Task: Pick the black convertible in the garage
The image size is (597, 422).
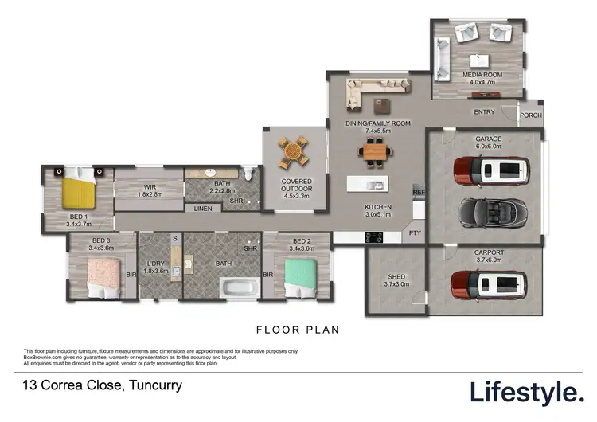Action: pos(490,211)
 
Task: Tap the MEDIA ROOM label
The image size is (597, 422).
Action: pos(478,76)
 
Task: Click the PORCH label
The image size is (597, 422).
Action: pos(530,115)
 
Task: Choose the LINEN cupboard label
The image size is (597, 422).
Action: pos(203,209)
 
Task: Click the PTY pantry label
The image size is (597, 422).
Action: pos(414,233)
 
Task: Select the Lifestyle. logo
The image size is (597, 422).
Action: pos(526,391)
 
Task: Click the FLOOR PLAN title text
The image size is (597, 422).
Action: pos(297,328)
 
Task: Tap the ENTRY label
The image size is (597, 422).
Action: pos(484,112)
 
